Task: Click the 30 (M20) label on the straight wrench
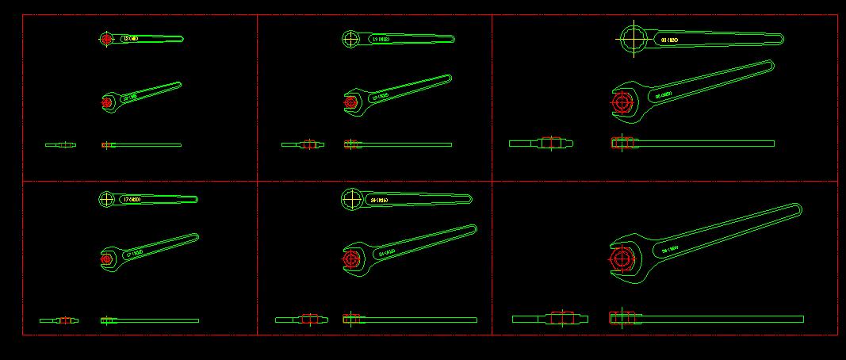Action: point(670,39)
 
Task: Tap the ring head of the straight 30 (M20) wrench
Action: point(634,38)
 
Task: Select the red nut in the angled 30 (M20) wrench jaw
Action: point(623,102)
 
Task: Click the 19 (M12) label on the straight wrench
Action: point(381,38)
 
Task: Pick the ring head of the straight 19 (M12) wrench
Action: point(351,38)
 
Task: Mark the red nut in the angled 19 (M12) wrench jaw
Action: point(351,101)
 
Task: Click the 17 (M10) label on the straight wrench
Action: point(131,200)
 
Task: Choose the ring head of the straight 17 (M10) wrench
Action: point(106,199)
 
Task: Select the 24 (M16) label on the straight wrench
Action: point(379,200)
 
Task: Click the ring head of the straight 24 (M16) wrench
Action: point(352,199)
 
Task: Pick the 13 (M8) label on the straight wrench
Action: point(132,38)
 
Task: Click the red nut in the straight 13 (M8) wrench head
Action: point(106,38)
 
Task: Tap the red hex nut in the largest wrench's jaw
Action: point(622,258)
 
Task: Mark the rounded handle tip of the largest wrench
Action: point(794,210)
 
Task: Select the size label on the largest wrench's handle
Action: point(670,249)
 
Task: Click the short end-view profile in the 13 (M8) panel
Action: point(61,144)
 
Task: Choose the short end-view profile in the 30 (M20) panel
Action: point(541,144)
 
